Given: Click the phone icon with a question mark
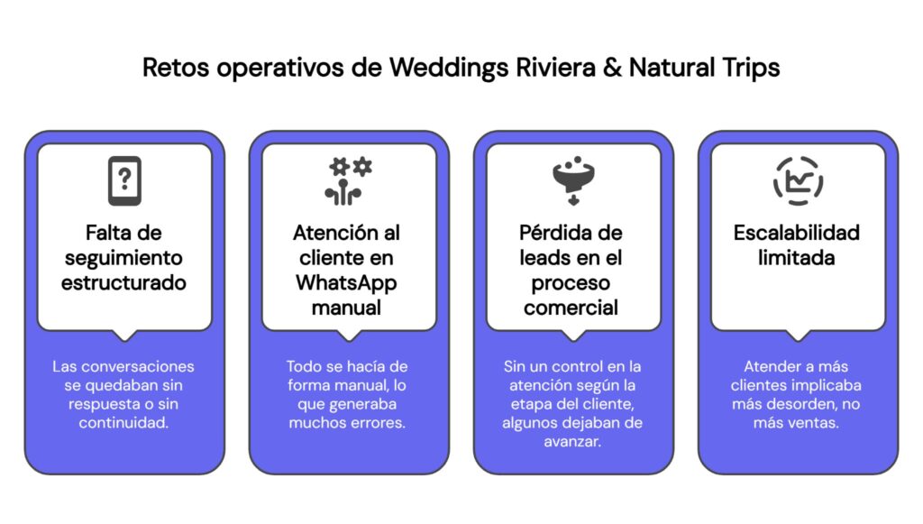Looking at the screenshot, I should [x=124, y=180].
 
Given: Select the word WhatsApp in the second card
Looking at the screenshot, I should [x=347, y=283].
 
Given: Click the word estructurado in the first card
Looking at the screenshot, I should [x=124, y=283].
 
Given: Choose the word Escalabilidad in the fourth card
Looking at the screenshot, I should [x=797, y=233].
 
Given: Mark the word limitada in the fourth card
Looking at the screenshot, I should [x=797, y=258].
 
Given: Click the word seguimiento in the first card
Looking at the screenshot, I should [x=124, y=258].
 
